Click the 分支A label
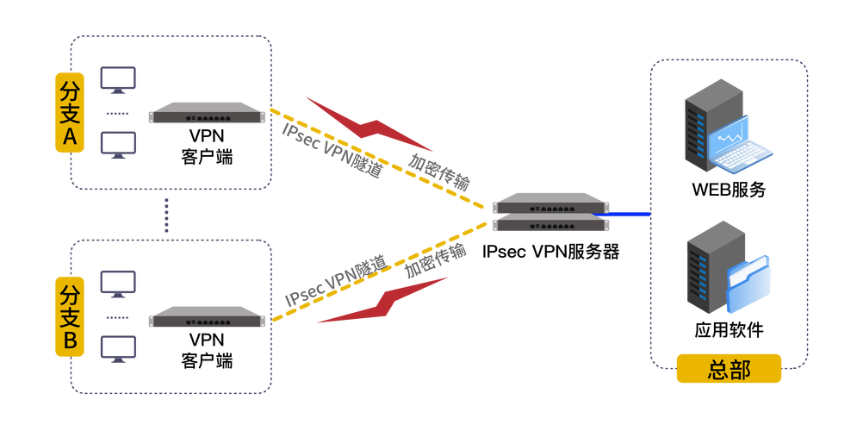[70, 113]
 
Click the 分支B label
[70, 317]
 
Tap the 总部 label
[729, 369]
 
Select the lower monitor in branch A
[117, 145]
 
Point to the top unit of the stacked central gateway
[549, 203]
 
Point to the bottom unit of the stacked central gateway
[549, 224]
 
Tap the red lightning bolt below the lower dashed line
[383, 301]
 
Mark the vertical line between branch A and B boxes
[166, 214]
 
